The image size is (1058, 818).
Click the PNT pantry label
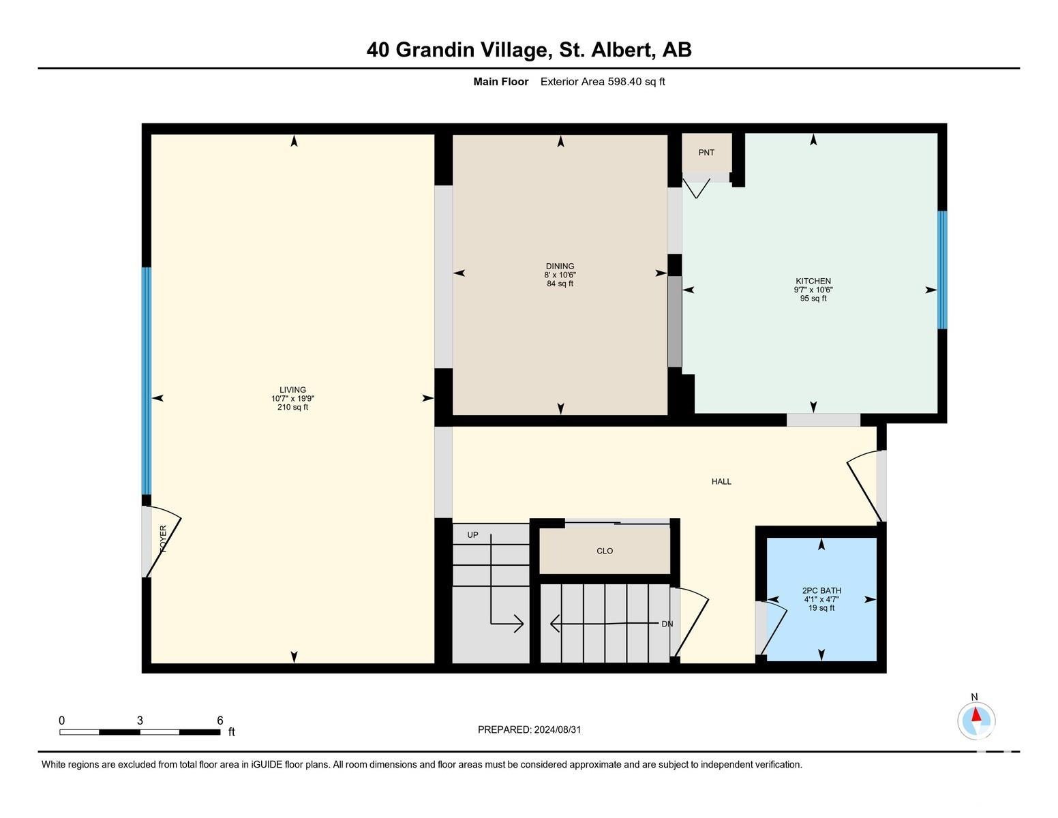coord(706,153)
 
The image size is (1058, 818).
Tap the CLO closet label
coord(604,551)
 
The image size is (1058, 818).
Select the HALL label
coord(721,481)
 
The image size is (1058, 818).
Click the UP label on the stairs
coord(472,535)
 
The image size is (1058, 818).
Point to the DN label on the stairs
coord(667,624)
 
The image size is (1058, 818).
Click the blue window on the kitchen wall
coord(942,270)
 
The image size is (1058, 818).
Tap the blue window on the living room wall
coord(146,381)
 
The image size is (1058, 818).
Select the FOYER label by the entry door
coord(163,539)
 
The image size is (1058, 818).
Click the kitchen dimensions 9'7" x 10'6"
coord(813,290)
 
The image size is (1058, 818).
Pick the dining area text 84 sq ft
coord(560,284)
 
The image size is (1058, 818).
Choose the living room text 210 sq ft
coord(292,408)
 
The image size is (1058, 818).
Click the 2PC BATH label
coord(821,591)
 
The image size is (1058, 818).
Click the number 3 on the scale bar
coord(140,721)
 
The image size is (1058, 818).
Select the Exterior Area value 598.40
coord(625,82)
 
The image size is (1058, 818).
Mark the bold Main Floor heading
coord(500,82)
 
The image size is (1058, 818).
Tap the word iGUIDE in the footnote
coord(267,764)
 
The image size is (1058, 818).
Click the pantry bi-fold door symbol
coord(696,188)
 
